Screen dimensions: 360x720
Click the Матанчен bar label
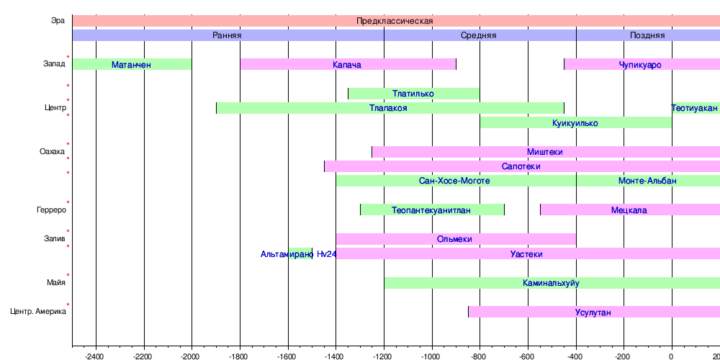pos(131,65)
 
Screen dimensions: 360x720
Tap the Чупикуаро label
pos(640,65)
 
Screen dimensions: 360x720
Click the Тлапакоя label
pos(388,108)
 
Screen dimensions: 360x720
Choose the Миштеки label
pos(545,152)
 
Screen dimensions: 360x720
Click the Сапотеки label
pos(521,166)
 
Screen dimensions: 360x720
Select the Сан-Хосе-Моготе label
pos(454,181)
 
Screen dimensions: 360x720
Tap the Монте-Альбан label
pos(647,181)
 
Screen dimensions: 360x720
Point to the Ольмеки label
pos(454,239)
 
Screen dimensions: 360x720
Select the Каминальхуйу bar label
pos(552,283)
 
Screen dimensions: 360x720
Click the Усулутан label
pos(593,312)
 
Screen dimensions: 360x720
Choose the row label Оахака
pos(52,152)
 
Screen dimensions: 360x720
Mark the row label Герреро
pos(51,210)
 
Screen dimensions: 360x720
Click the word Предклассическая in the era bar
pos(395,21)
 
